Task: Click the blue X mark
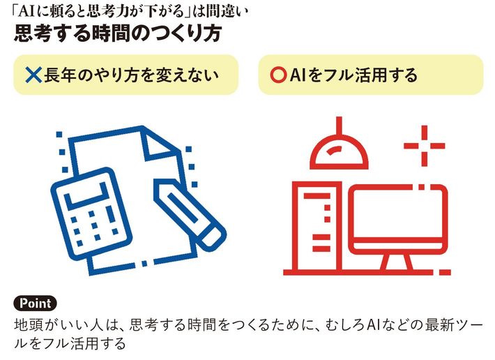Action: (x=33, y=75)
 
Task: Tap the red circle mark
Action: (x=278, y=75)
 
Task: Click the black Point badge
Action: (x=35, y=303)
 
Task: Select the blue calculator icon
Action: (x=91, y=215)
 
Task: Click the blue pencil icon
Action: (x=190, y=214)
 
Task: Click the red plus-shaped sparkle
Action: (x=425, y=146)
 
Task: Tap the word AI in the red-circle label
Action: (x=297, y=75)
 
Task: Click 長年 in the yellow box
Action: (x=60, y=75)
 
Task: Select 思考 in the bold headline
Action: (x=33, y=33)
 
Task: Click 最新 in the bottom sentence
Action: (x=439, y=325)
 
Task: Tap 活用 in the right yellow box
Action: (x=371, y=75)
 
